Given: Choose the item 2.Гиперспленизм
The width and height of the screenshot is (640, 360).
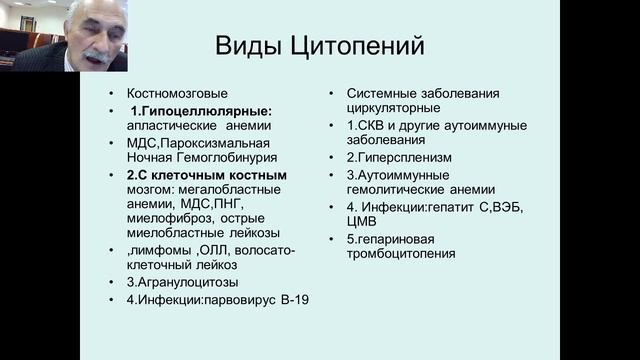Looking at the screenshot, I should tap(399, 158).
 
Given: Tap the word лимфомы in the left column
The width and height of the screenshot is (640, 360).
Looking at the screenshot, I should tap(166, 251).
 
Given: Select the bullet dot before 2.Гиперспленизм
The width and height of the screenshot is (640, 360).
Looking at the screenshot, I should tap(334, 158).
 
